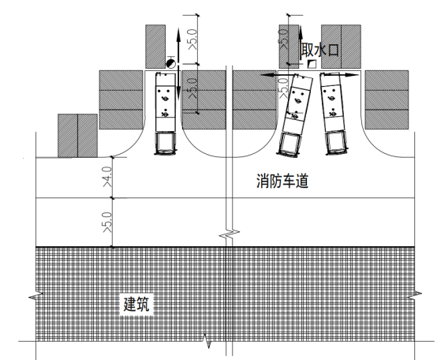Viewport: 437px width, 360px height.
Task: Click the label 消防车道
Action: (x=282, y=182)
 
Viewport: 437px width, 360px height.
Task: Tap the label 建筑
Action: (x=136, y=304)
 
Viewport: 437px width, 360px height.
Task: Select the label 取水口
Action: (x=320, y=51)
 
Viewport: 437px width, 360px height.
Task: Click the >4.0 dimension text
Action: (x=107, y=177)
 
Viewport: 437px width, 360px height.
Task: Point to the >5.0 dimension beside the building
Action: (x=107, y=223)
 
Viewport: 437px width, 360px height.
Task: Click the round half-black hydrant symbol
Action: (x=171, y=64)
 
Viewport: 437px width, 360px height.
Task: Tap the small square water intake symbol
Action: (x=312, y=64)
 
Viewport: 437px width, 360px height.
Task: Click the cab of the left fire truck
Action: (x=166, y=143)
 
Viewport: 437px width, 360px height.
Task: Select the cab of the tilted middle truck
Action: (x=289, y=145)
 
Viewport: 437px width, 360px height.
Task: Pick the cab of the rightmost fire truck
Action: (x=337, y=142)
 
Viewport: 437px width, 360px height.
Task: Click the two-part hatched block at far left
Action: (x=77, y=136)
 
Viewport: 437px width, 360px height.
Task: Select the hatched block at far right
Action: (x=387, y=99)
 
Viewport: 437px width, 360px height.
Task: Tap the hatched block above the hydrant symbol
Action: (x=155, y=47)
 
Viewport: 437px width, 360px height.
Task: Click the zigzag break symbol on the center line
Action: (x=229, y=234)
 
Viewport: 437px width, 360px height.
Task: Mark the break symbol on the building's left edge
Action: (x=36, y=296)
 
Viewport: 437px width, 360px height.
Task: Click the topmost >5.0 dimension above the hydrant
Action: (x=193, y=39)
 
